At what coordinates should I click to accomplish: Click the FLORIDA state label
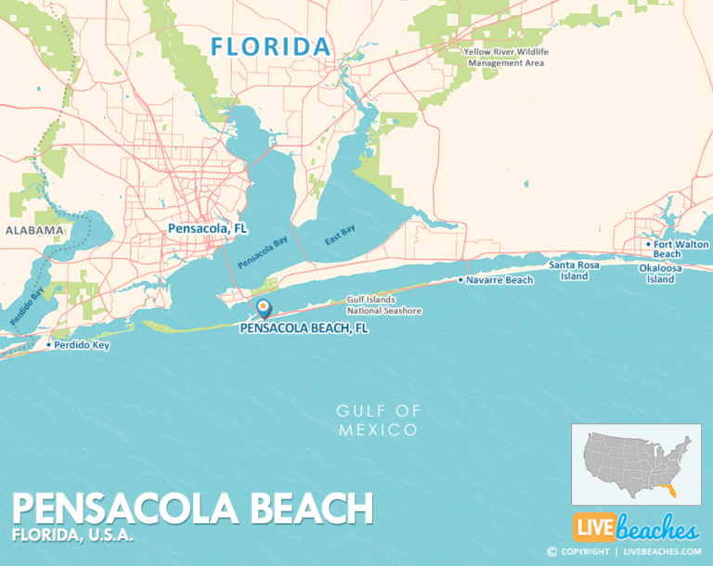[270, 45]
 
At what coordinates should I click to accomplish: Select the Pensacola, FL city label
[207, 227]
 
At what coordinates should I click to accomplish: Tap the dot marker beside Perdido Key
[48, 345]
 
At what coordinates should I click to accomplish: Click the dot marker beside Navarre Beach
[460, 279]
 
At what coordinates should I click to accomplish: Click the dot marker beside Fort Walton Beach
[648, 245]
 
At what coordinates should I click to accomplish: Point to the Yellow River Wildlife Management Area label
[505, 58]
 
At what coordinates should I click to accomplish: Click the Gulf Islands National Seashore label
[384, 305]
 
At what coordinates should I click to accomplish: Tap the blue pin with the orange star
[264, 307]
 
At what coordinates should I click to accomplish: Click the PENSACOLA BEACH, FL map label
[304, 328]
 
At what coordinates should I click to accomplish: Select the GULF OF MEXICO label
[378, 420]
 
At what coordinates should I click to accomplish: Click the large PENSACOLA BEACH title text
[193, 508]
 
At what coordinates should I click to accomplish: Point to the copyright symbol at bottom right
[551, 551]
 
